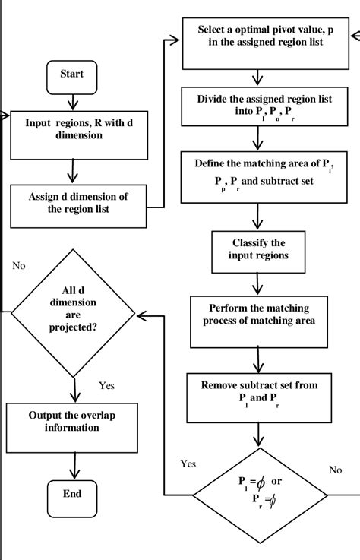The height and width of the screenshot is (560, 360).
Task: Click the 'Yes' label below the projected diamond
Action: pos(107,385)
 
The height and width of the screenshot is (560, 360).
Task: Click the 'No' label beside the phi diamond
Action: pos(335,470)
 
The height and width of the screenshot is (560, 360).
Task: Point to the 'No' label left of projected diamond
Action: pos(20,266)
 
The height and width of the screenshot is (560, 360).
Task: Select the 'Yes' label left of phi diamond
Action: pos(188,463)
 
